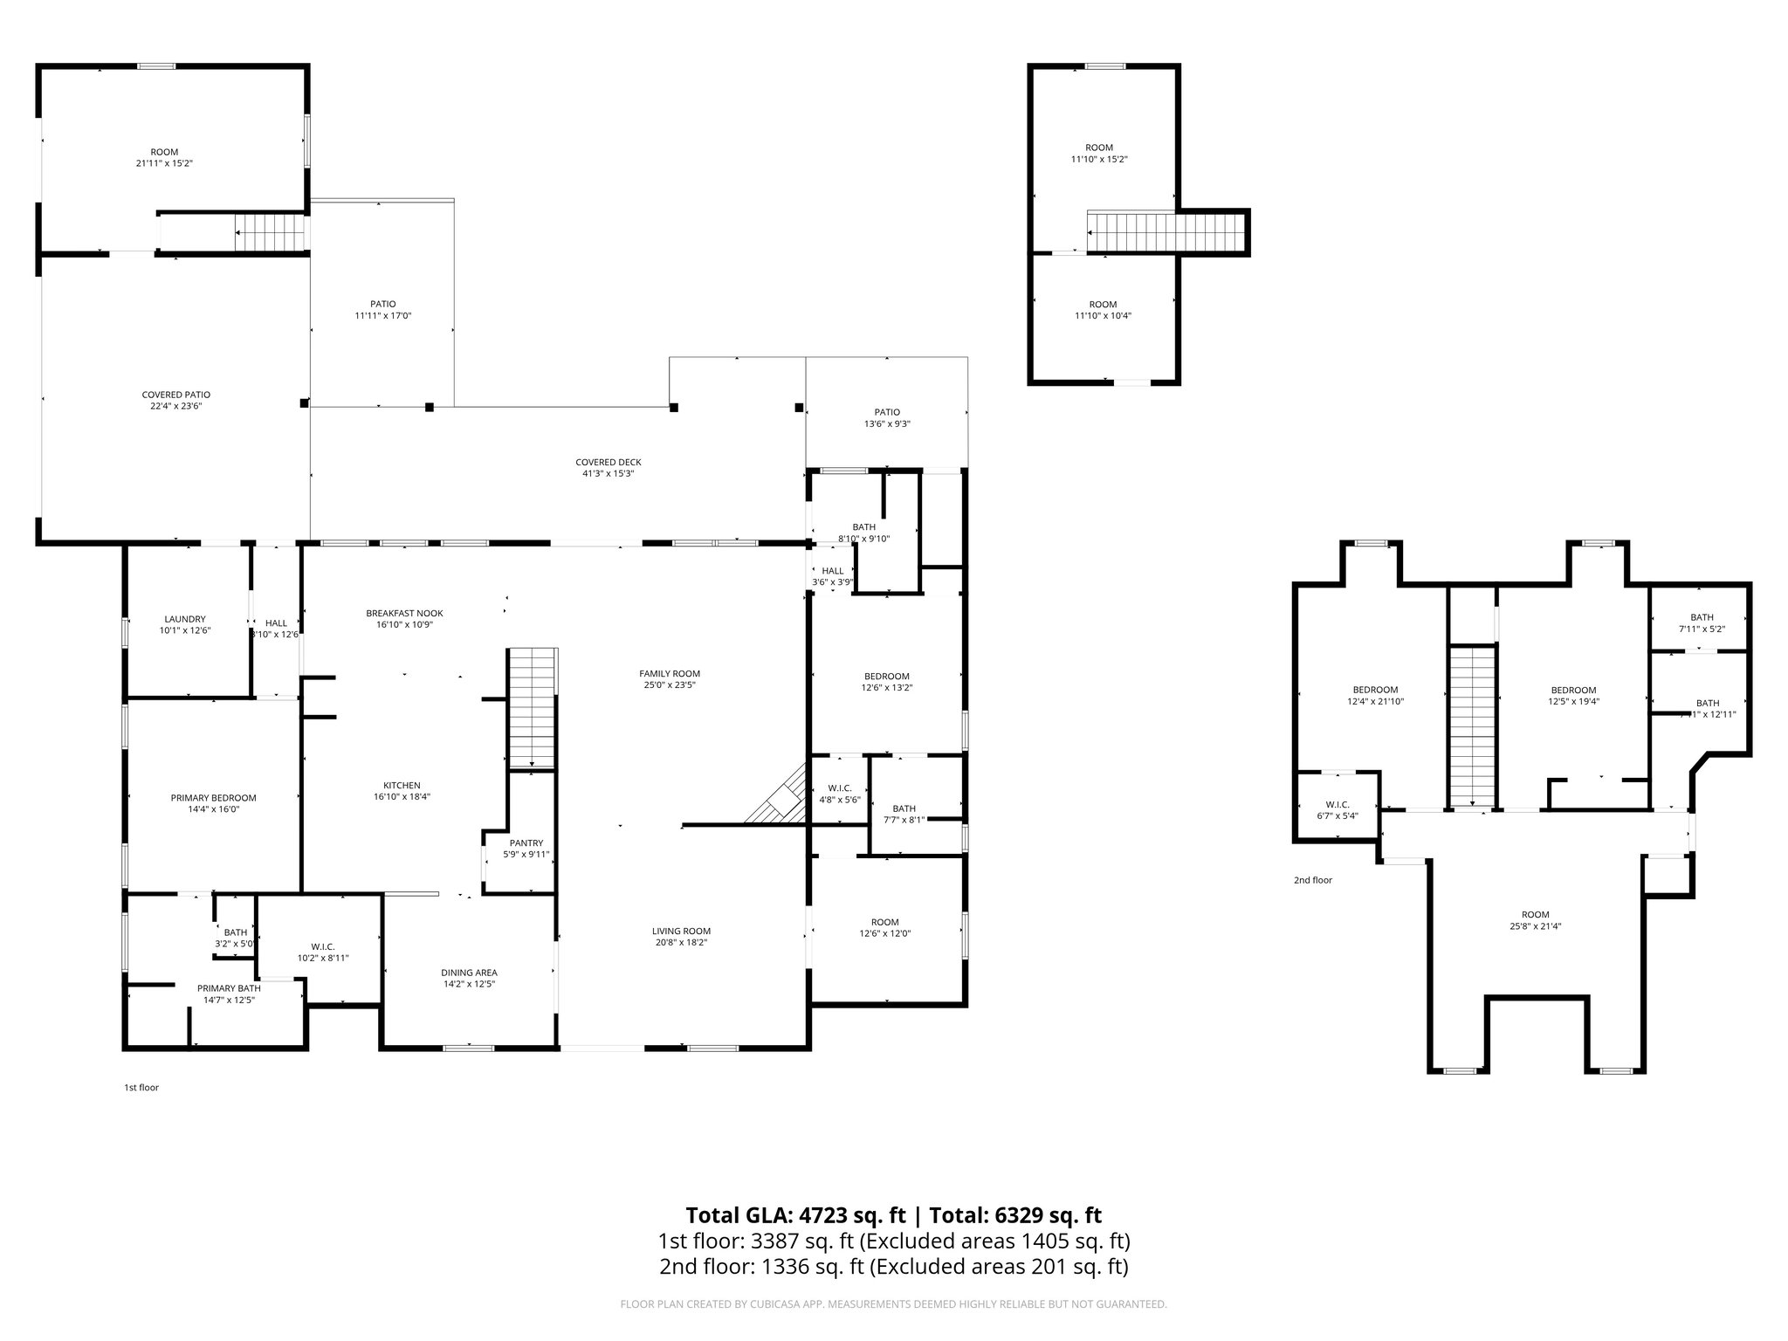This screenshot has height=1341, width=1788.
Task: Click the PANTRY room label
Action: (526, 842)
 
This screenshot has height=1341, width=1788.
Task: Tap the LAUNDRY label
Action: (184, 619)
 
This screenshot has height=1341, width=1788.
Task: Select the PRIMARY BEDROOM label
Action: (213, 797)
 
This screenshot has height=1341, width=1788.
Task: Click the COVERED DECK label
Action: (608, 462)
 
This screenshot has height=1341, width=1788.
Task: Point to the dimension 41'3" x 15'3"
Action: (608, 474)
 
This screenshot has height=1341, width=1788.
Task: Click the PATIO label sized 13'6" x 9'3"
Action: (886, 412)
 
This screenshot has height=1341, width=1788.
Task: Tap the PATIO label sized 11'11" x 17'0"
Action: (382, 304)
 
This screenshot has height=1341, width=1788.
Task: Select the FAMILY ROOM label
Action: (670, 673)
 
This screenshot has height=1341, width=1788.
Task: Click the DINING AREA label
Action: (469, 972)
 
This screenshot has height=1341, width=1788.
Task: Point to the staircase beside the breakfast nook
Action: (533, 707)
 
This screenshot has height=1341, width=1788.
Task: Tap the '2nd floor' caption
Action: (1312, 880)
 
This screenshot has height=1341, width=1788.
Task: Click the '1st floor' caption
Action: (141, 1088)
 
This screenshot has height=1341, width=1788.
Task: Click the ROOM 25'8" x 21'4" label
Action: (1535, 915)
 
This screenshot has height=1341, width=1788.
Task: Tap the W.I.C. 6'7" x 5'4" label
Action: (1337, 804)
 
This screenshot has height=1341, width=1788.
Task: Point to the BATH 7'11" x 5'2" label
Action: (1701, 617)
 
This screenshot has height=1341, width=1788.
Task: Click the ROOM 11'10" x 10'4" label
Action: (1102, 305)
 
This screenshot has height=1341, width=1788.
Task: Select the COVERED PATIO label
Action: (175, 395)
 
